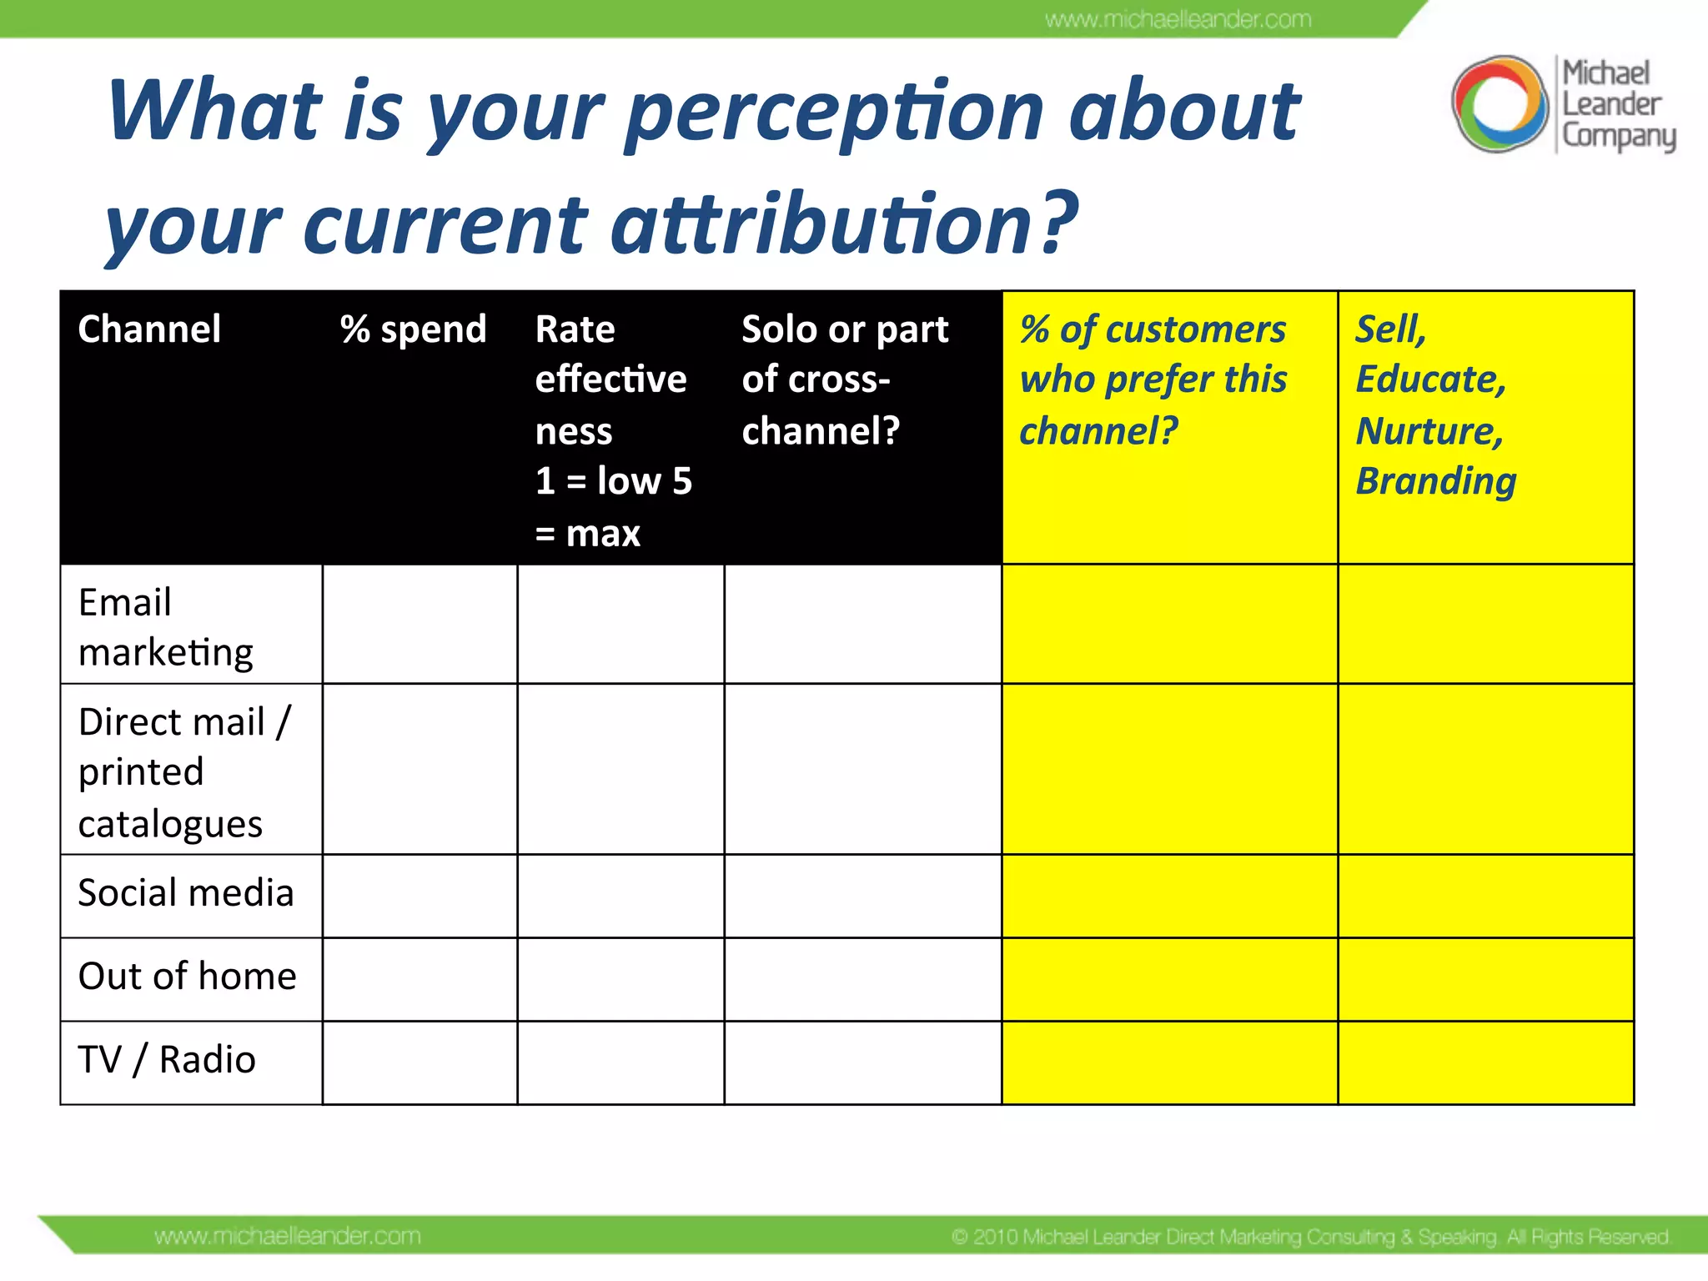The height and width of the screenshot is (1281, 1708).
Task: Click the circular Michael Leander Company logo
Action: point(1500,104)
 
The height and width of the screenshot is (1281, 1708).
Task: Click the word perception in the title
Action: point(835,113)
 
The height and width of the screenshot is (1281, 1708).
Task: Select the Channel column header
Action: point(149,329)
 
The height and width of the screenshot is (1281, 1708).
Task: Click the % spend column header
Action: point(414,329)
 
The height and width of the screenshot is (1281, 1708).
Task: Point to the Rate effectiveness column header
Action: point(613,430)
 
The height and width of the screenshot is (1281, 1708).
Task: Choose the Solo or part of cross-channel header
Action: point(844,379)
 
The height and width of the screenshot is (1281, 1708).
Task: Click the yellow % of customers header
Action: point(1153,379)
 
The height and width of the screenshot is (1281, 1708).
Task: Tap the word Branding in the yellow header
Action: point(1435,481)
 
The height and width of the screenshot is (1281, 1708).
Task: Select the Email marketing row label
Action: point(165,626)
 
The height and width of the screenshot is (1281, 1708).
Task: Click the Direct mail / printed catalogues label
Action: point(183,771)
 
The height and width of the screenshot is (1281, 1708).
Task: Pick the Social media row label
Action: point(186,893)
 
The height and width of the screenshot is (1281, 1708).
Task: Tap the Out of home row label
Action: point(187,977)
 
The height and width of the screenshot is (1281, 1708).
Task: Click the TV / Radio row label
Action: point(167,1060)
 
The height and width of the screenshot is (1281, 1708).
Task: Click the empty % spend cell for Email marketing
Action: point(419,625)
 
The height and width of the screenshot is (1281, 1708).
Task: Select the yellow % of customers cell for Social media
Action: point(1169,897)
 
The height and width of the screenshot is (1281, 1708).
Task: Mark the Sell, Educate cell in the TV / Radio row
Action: point(1485,1063)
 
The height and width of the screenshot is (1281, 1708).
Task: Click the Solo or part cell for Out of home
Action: point(862,980)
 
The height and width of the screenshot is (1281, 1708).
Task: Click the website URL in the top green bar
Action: point(1178,19)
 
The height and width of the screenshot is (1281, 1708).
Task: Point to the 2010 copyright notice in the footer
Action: point(1310,1236)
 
